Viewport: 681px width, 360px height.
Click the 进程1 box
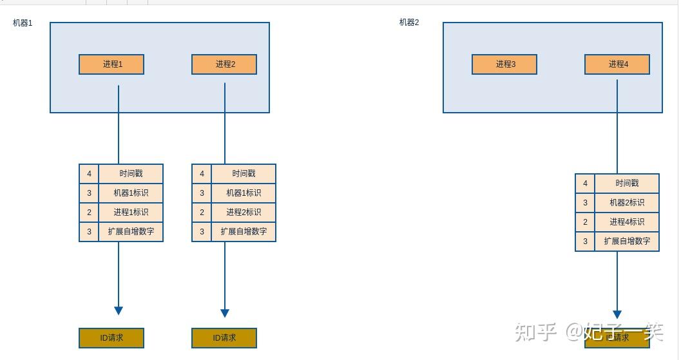click(x=111, y=64)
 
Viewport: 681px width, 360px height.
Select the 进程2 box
click(x=224, y=64)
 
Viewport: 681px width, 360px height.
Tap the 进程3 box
click(x=504, y=64)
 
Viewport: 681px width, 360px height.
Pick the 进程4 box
click(x=617, y=64)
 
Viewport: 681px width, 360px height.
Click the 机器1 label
click(x=23, y=23)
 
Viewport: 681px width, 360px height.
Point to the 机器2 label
click(x=409, y=23)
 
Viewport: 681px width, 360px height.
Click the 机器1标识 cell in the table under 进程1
click(x=131, y=193)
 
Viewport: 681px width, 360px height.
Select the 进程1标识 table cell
click(x=131, y=212)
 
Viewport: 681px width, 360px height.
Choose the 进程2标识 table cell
click(x=244, y=212)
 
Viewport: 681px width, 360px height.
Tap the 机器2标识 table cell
click(x=627, y=202)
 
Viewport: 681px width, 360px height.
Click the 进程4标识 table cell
click(x=627, y=222)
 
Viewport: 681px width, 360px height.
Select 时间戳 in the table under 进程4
click(x=627, y=183)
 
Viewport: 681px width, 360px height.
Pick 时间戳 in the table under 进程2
click(x=244, y=173)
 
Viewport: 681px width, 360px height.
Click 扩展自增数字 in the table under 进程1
click(x=131, y=231)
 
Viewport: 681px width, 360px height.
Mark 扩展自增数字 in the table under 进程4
click(x=627, y=241)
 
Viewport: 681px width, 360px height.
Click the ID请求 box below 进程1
click(x=111, y=337)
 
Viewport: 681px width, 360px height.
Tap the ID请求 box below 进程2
click(x=224, y=337)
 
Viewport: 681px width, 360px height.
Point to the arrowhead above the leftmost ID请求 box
click(x=119, y=310)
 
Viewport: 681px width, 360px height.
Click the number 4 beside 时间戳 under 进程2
click(x=202, y=173)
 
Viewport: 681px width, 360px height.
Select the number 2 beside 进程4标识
click(x=585, y=222)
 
